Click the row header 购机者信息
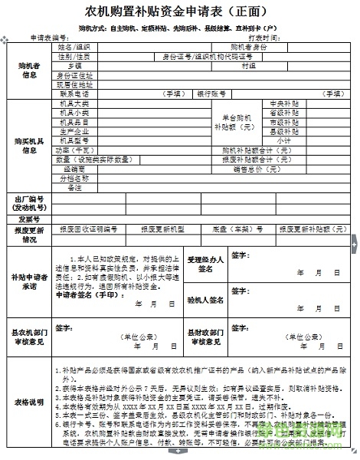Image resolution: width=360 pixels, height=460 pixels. coord(29,70)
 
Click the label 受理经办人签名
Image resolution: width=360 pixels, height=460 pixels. coord(205,264)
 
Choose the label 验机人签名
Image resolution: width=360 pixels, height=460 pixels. coord(205,300)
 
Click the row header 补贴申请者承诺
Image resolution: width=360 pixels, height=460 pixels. coord(29,281)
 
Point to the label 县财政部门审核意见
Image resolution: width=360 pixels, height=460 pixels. coord(205,337)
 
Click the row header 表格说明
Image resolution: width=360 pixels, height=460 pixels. coord(29,401)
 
